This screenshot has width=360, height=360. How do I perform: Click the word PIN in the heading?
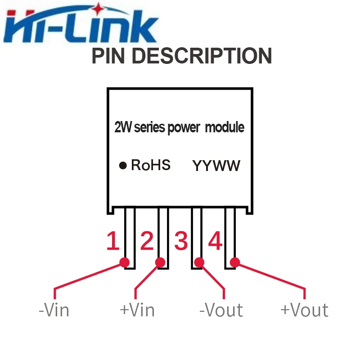[108, 56]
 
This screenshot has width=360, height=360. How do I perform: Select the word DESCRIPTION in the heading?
[202, 56]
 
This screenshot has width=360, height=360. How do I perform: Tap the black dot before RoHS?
[123, 165]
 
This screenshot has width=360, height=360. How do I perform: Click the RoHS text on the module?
[151, 165]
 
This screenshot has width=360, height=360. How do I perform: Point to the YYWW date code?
[216, 166]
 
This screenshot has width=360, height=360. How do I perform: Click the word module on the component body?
[225, 127]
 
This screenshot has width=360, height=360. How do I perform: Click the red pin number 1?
[113, 241]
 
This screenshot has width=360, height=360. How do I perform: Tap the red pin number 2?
[147, 241]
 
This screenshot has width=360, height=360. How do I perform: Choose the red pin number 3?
[181, 241]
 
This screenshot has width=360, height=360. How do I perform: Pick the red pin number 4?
[215, 241]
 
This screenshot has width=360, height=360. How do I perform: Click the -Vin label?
[54, 310]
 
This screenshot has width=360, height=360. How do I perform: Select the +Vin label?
[137, 310]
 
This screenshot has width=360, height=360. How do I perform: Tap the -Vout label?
[221, 310]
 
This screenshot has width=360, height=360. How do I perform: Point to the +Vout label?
[305, 310]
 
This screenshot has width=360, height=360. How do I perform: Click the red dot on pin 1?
[125, 262]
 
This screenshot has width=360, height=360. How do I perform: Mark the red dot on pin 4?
[235, 262]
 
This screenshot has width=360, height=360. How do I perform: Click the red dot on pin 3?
[199, 262]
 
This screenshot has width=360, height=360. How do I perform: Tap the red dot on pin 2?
[160, 262]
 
